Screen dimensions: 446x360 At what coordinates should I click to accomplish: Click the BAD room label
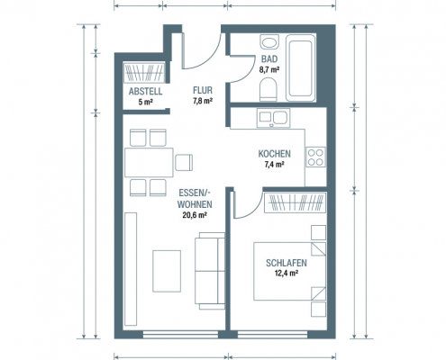click(x=269, y=59)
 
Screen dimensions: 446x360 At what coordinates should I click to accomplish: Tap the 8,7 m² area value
click(x=269, y=70)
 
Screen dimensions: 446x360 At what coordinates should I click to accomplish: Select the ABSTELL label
click(x=146, y=91)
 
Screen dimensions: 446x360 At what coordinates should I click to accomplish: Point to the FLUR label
click(x=203, y=90)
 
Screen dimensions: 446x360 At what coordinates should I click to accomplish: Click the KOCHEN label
click(x=275, y=154)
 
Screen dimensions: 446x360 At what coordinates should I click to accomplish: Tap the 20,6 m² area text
click(x=195, y=215)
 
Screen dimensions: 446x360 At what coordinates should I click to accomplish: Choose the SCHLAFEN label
click(x=287, y=263)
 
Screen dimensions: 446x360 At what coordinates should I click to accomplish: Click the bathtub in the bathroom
click(x=301, y=68)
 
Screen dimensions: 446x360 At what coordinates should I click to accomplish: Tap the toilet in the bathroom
click(x=268, y=89)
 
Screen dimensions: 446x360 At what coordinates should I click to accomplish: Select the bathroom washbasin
click(x=269, y=42)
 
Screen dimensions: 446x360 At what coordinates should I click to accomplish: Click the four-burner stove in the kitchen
click(x=315, y=157)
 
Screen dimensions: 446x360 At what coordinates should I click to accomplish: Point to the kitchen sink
click(x=273, y=118)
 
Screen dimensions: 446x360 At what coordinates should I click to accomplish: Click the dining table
click(x=149, y=162)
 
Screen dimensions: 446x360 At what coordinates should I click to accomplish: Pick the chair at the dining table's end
click(x=184, y=162)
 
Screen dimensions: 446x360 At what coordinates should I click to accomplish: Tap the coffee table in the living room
click(x=167, y=271)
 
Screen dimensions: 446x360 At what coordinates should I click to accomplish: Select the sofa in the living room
click(x=210, y=271)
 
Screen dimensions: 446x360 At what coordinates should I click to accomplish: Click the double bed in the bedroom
click(x=290, y=271)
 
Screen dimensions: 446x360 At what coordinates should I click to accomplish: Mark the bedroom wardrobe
click(x=295, y=202)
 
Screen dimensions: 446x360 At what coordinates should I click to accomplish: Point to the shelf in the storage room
click(x=144, y=72)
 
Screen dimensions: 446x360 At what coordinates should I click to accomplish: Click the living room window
click(x=180, y=335)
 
